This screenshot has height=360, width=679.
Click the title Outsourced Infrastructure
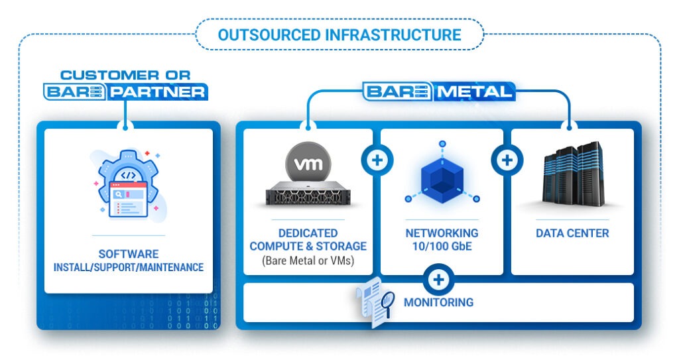pyautogui.click(x=339, y=34)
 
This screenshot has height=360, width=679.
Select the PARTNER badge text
pyautogui.click(x=156, y=91)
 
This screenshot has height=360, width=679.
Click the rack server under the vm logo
pyautogui.click(x=308, y=194)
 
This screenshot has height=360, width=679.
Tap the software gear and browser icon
pyautogui.click(x=127, y=184)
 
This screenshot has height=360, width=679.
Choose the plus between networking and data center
pyautogui.click(x=507, y=160)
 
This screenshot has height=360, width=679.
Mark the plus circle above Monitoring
pyautogui.click(x=438, y=279)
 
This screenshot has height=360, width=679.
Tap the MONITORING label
pyautogui.click(x=438, y=302)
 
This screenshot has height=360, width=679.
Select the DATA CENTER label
pyautogui.click(x=572, y=233)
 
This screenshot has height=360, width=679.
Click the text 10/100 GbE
pyautogui.click(x=442, y=246)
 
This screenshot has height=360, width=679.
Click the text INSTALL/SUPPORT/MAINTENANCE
pyautogui.click(x=129, y=268)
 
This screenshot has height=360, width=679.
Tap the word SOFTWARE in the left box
pyautogui.click(x=129, y=254)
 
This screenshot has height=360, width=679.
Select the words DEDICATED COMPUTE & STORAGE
pyautogui.click(x=308, y=239)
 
